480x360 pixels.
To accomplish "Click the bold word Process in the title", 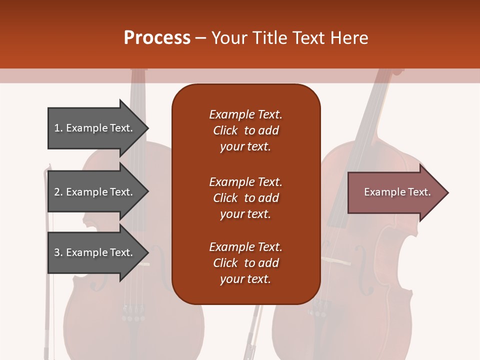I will point(157,38).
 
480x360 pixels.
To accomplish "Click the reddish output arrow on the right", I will point(395,192).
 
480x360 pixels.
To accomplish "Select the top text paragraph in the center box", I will point(245,130).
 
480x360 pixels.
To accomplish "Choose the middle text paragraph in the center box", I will point(245,198).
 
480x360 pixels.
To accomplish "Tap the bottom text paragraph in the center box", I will point(245,263).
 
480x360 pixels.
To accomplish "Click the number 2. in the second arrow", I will point(58,192).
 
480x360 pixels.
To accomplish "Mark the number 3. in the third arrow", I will point(58,252).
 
